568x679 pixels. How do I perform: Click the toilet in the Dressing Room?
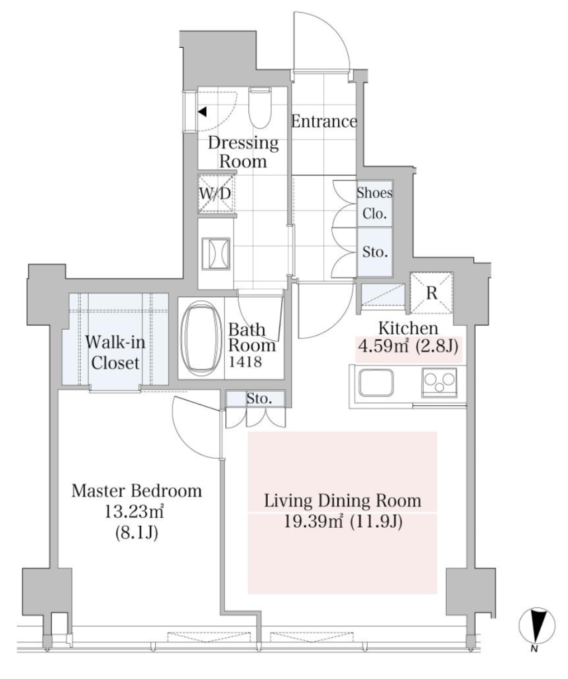point(260,107)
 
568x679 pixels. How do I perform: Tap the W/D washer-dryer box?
point(215,194)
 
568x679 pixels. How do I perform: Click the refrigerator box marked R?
point(431,293)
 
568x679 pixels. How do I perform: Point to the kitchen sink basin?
point(376,383)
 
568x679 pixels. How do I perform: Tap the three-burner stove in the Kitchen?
point(439,382)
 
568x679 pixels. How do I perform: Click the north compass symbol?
point(537,626)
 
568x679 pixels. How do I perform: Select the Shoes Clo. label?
point(374,203)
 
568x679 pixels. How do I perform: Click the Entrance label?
point(324,121)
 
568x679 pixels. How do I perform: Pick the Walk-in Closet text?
point(115,353)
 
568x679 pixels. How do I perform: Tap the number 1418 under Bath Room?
point(245,361)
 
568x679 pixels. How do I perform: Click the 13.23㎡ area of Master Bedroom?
point(134,512)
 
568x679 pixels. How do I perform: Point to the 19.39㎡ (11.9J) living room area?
point(343,522)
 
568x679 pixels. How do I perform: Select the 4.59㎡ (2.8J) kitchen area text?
point(408,346)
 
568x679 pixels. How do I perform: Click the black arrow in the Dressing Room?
point(202,112)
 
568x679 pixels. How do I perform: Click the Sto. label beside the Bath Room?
point(259,399)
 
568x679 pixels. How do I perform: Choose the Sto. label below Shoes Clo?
point(374,252)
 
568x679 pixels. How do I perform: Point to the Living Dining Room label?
point(343,501)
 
